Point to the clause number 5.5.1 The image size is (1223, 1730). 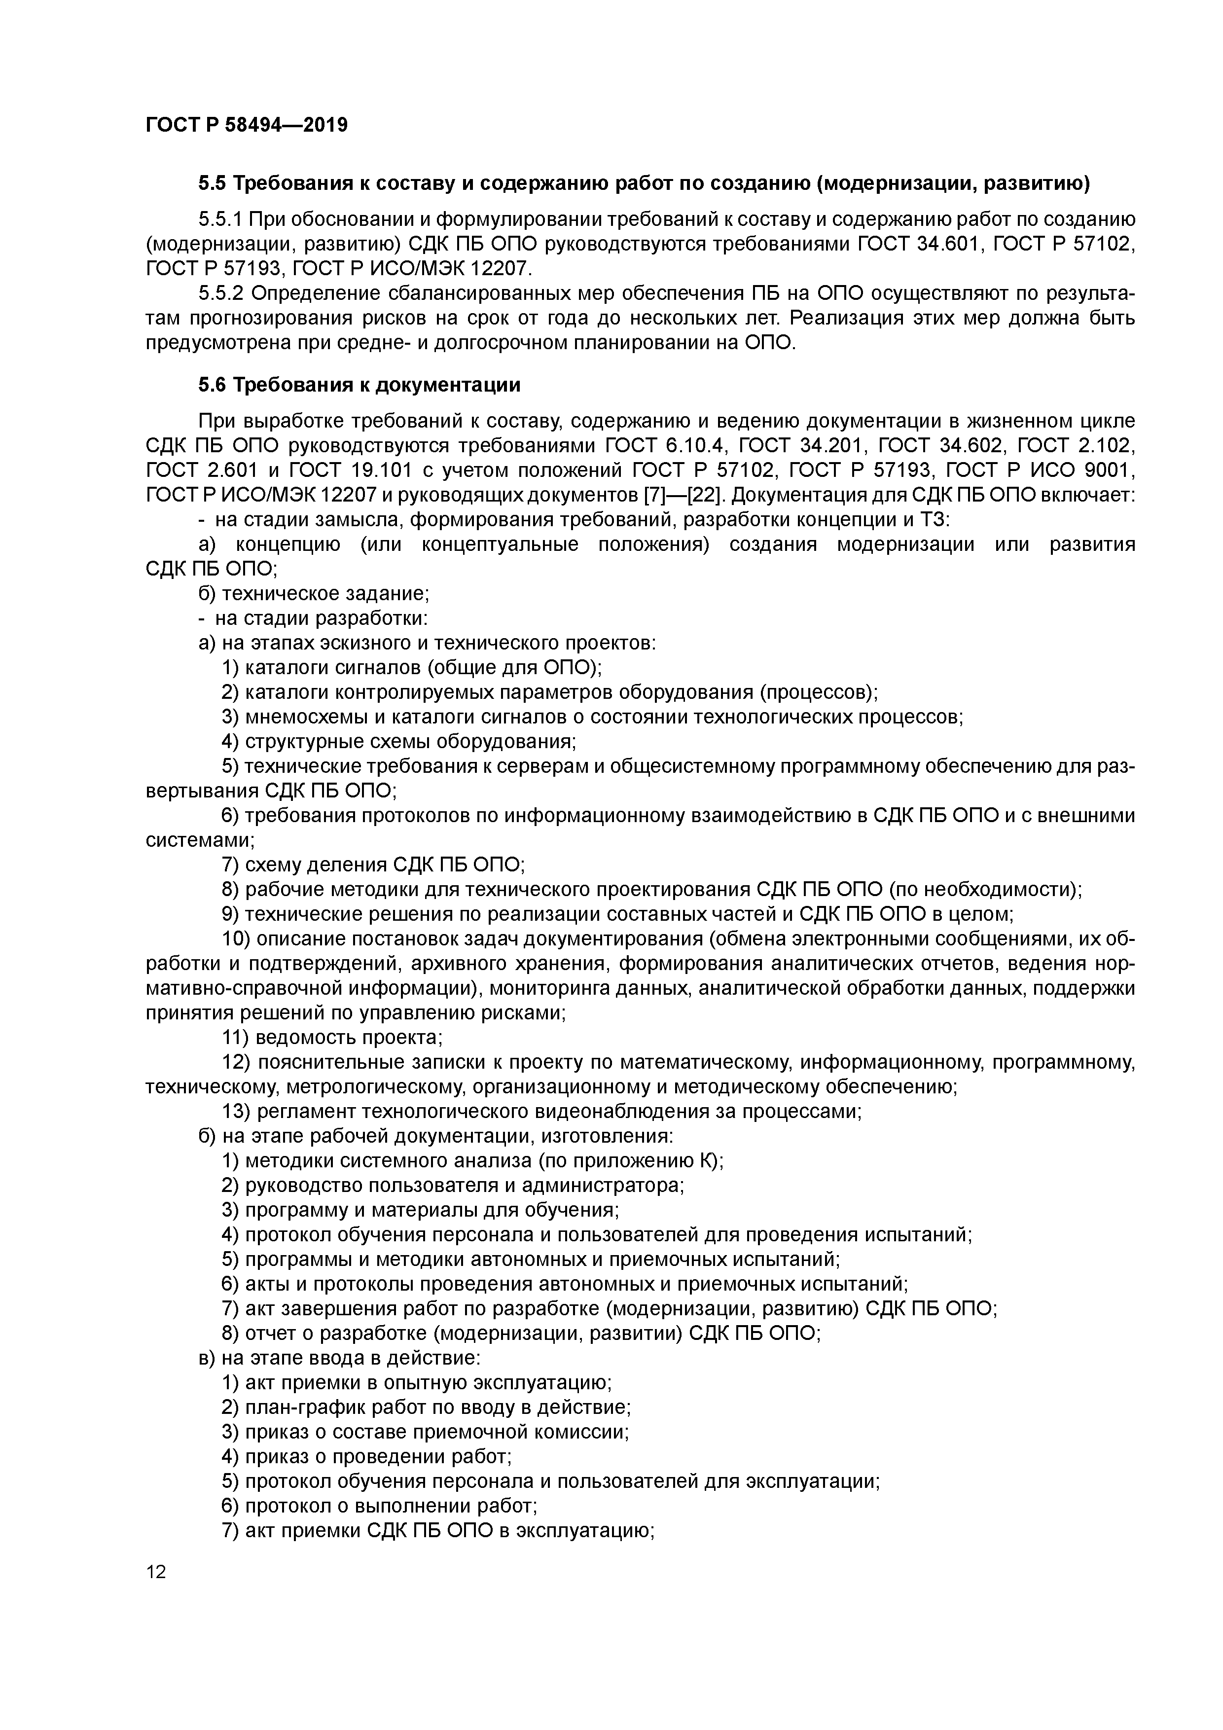pyautogui.click(x=220, y=220)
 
